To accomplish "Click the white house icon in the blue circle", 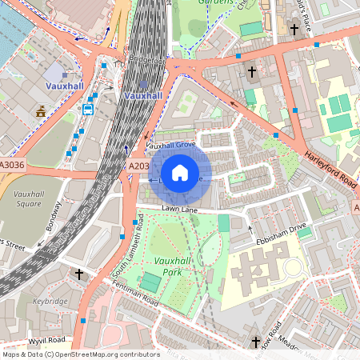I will click(x=180, y=173).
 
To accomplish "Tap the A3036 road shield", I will click(x=12, y=166).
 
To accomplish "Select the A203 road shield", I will click(x=138, y=166).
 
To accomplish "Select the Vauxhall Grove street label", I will click(x=171, y=145).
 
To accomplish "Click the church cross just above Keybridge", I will click(x=79, y=274).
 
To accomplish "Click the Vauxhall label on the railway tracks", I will click(x=143, y=95).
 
